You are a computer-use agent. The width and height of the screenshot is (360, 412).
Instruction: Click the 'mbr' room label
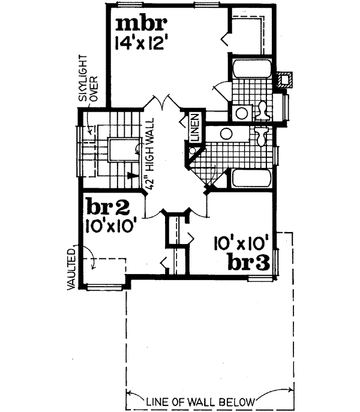point(140,25)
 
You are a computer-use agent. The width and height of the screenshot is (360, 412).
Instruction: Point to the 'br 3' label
point(247,261)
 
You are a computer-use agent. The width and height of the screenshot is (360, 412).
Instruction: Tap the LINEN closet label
point(194,128)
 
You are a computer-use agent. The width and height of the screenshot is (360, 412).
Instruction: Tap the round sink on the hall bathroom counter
point(226,134)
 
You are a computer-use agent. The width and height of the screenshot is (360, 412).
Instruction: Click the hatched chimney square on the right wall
point(286,79)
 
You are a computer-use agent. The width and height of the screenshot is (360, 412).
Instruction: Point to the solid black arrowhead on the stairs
point(129,176)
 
